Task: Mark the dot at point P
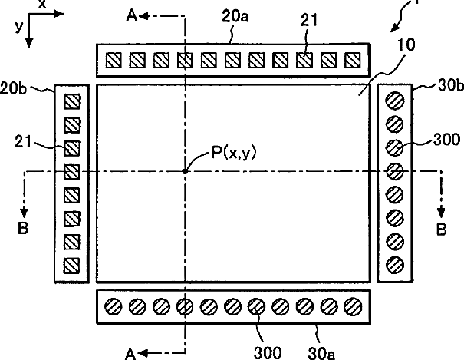click(x=185, y=171)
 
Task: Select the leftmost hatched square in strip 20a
click(x=114, y=59)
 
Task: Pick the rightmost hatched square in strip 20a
click(x=353, y=59)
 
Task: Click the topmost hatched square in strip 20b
click(x=72, y=101)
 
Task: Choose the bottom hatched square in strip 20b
click(x=72, y=265)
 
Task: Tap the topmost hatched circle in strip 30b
click(x=395, y=101)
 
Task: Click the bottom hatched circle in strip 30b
click(x=395, y=265)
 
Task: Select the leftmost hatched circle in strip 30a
click(x=114, y=306)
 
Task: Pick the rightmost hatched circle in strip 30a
click(x=353, y=306)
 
